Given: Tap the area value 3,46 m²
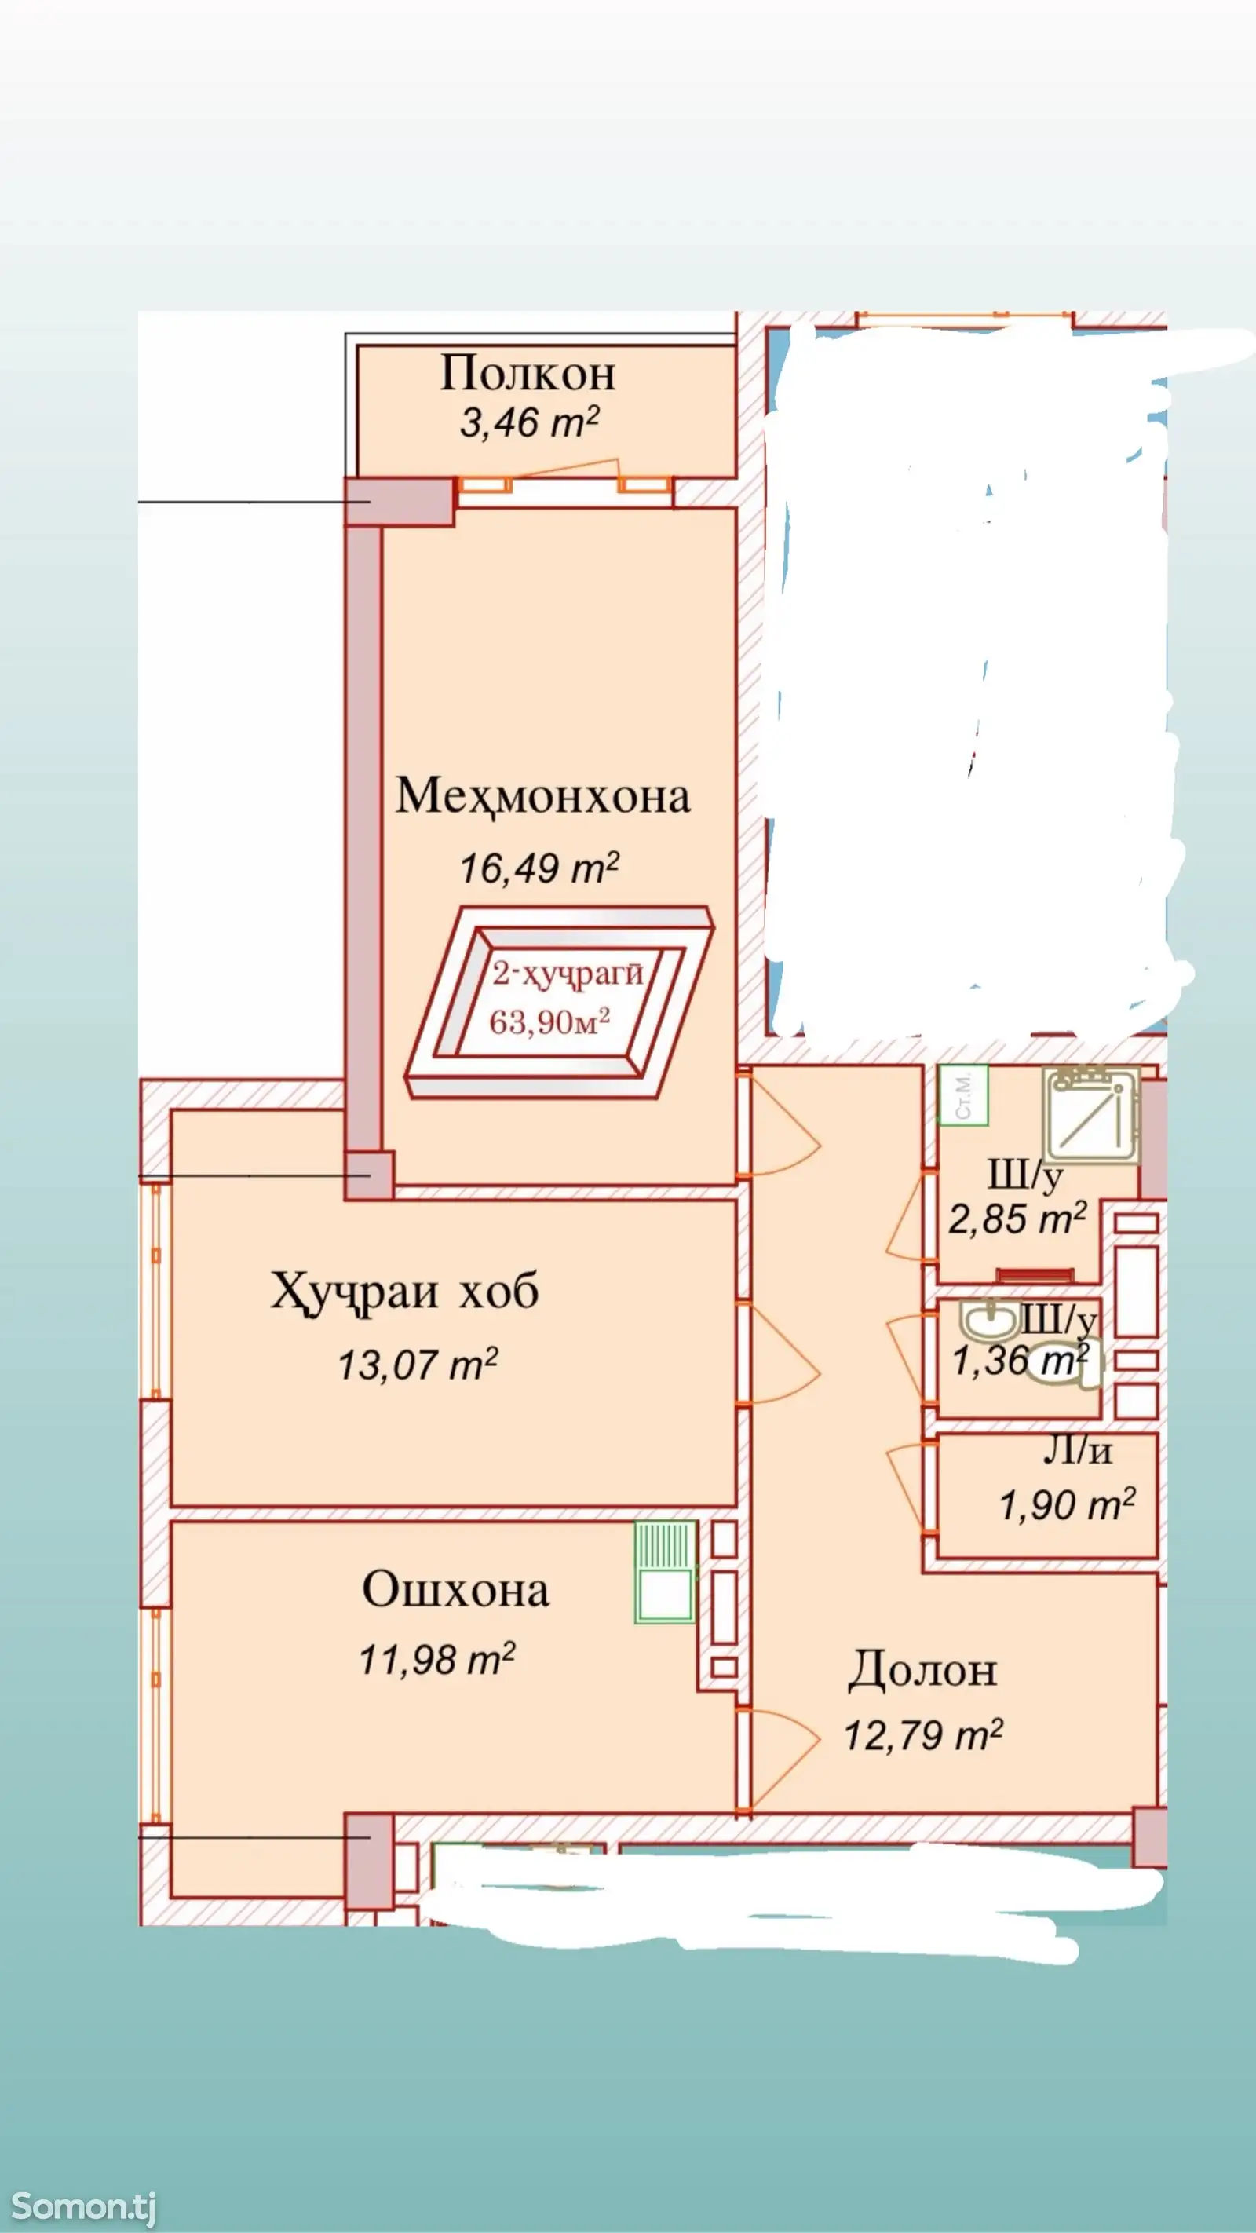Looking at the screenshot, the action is [529, 422].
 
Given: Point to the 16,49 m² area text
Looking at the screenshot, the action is [539, 868].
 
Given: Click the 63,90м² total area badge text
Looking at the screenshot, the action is [549, 1022].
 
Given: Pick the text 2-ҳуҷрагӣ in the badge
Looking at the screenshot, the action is [568, 975].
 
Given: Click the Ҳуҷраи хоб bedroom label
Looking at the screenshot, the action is [404, 1292].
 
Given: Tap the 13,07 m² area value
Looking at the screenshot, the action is [417, 1365].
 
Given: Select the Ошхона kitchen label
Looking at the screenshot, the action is [455, 1590].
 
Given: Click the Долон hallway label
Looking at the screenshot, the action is [922, 1670].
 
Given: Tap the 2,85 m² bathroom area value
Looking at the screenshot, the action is [1017, 1219].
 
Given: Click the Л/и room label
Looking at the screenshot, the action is [1076, 1450].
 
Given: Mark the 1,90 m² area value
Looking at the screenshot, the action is [1067, 1506].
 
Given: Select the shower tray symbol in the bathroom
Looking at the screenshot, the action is [1091, 1115].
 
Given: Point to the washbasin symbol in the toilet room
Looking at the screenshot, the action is [989, 1321].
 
